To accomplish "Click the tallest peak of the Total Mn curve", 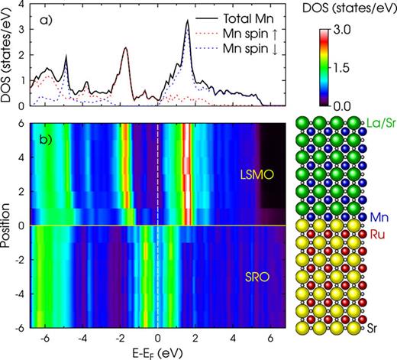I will click(187, 21).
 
